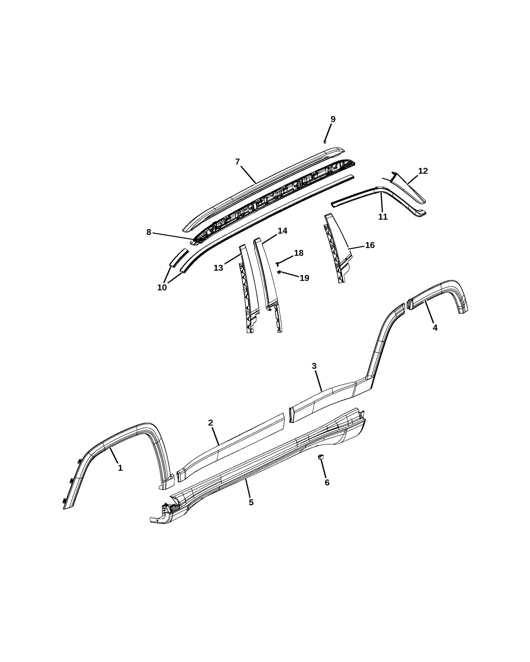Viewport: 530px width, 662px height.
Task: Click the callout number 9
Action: coord(333,119)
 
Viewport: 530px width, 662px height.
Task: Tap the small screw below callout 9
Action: coord(325,142)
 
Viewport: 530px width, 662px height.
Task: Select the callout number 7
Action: coord(238,162)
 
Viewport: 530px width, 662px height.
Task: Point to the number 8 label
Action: coord(149,232)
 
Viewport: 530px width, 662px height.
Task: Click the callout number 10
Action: coord(162,287)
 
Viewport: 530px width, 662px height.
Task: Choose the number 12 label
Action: coord(423,171)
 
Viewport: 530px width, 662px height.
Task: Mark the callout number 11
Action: coord(383,217)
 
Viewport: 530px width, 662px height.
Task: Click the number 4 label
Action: coord(435,328)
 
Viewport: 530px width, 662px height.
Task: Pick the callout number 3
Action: coord(314,366)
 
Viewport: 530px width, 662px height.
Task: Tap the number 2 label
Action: coord(211,423)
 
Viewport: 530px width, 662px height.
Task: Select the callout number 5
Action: coord(251,502)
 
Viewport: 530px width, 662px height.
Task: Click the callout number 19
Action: coord(304,278)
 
